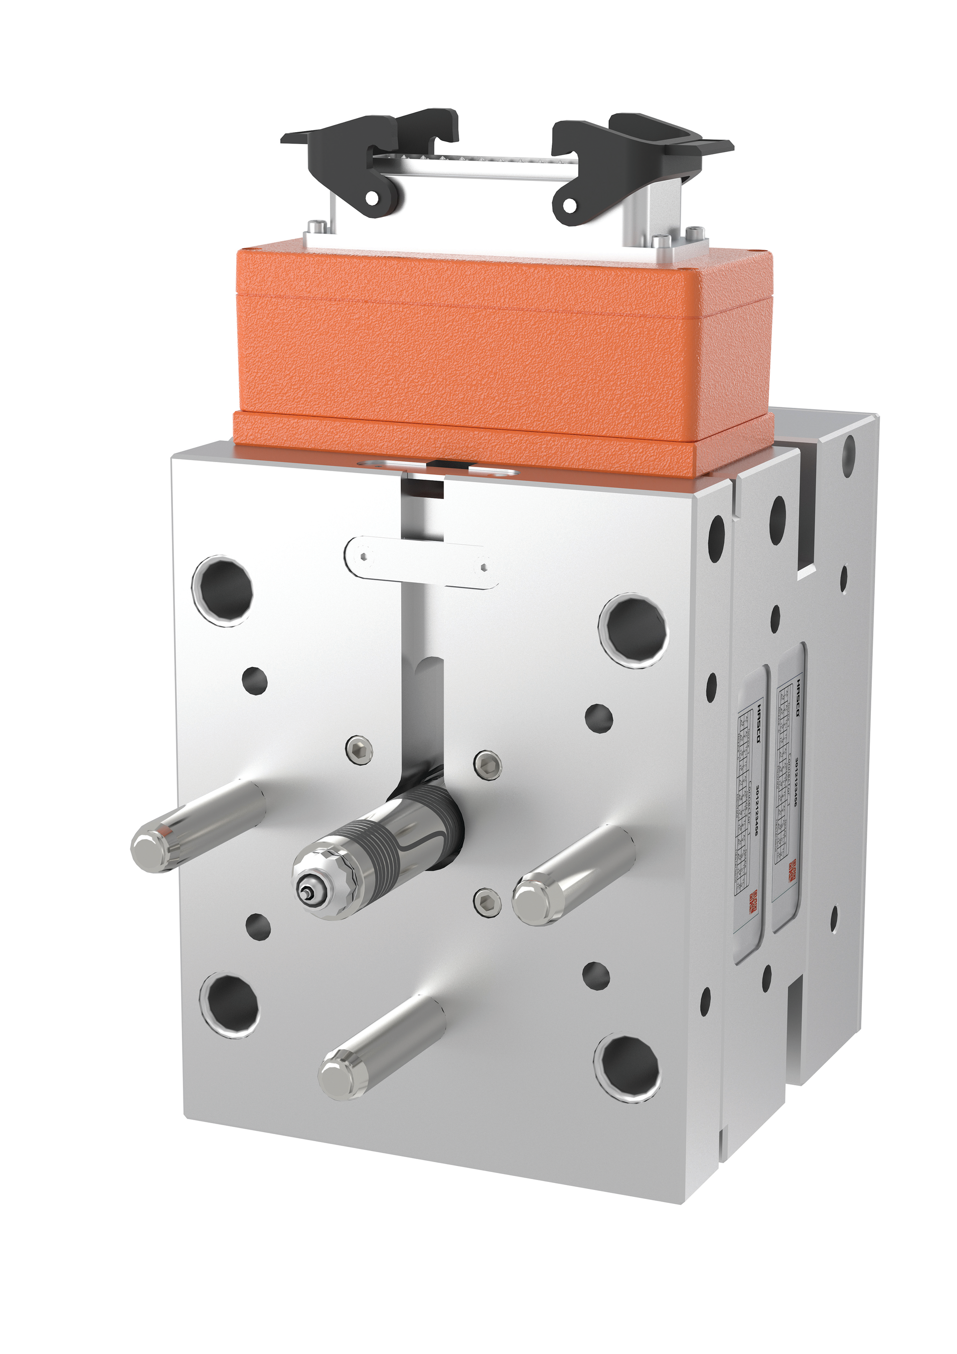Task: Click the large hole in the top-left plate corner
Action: (222, 590)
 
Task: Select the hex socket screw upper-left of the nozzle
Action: (359, 750)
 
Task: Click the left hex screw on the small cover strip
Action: (364, 556)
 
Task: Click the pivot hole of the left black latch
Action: (372, 199)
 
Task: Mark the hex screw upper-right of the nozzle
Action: (487, 765)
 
